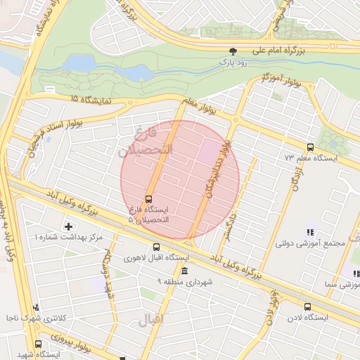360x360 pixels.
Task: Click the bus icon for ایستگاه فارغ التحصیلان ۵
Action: coord(148,198)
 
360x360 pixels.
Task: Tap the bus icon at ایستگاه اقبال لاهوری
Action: coord(156,247)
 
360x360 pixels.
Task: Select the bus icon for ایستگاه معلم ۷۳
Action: coord(310,147)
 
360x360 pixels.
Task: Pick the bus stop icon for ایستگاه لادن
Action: coord(307,307)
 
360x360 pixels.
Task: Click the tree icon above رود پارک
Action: coord(233,51)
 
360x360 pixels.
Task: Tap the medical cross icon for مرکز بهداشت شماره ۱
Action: coord(68,226)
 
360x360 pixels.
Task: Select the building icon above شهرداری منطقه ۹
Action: coord(184,271)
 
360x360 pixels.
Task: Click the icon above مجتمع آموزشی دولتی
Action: coord(309,233)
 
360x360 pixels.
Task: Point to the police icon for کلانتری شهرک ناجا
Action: coord(36,307)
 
